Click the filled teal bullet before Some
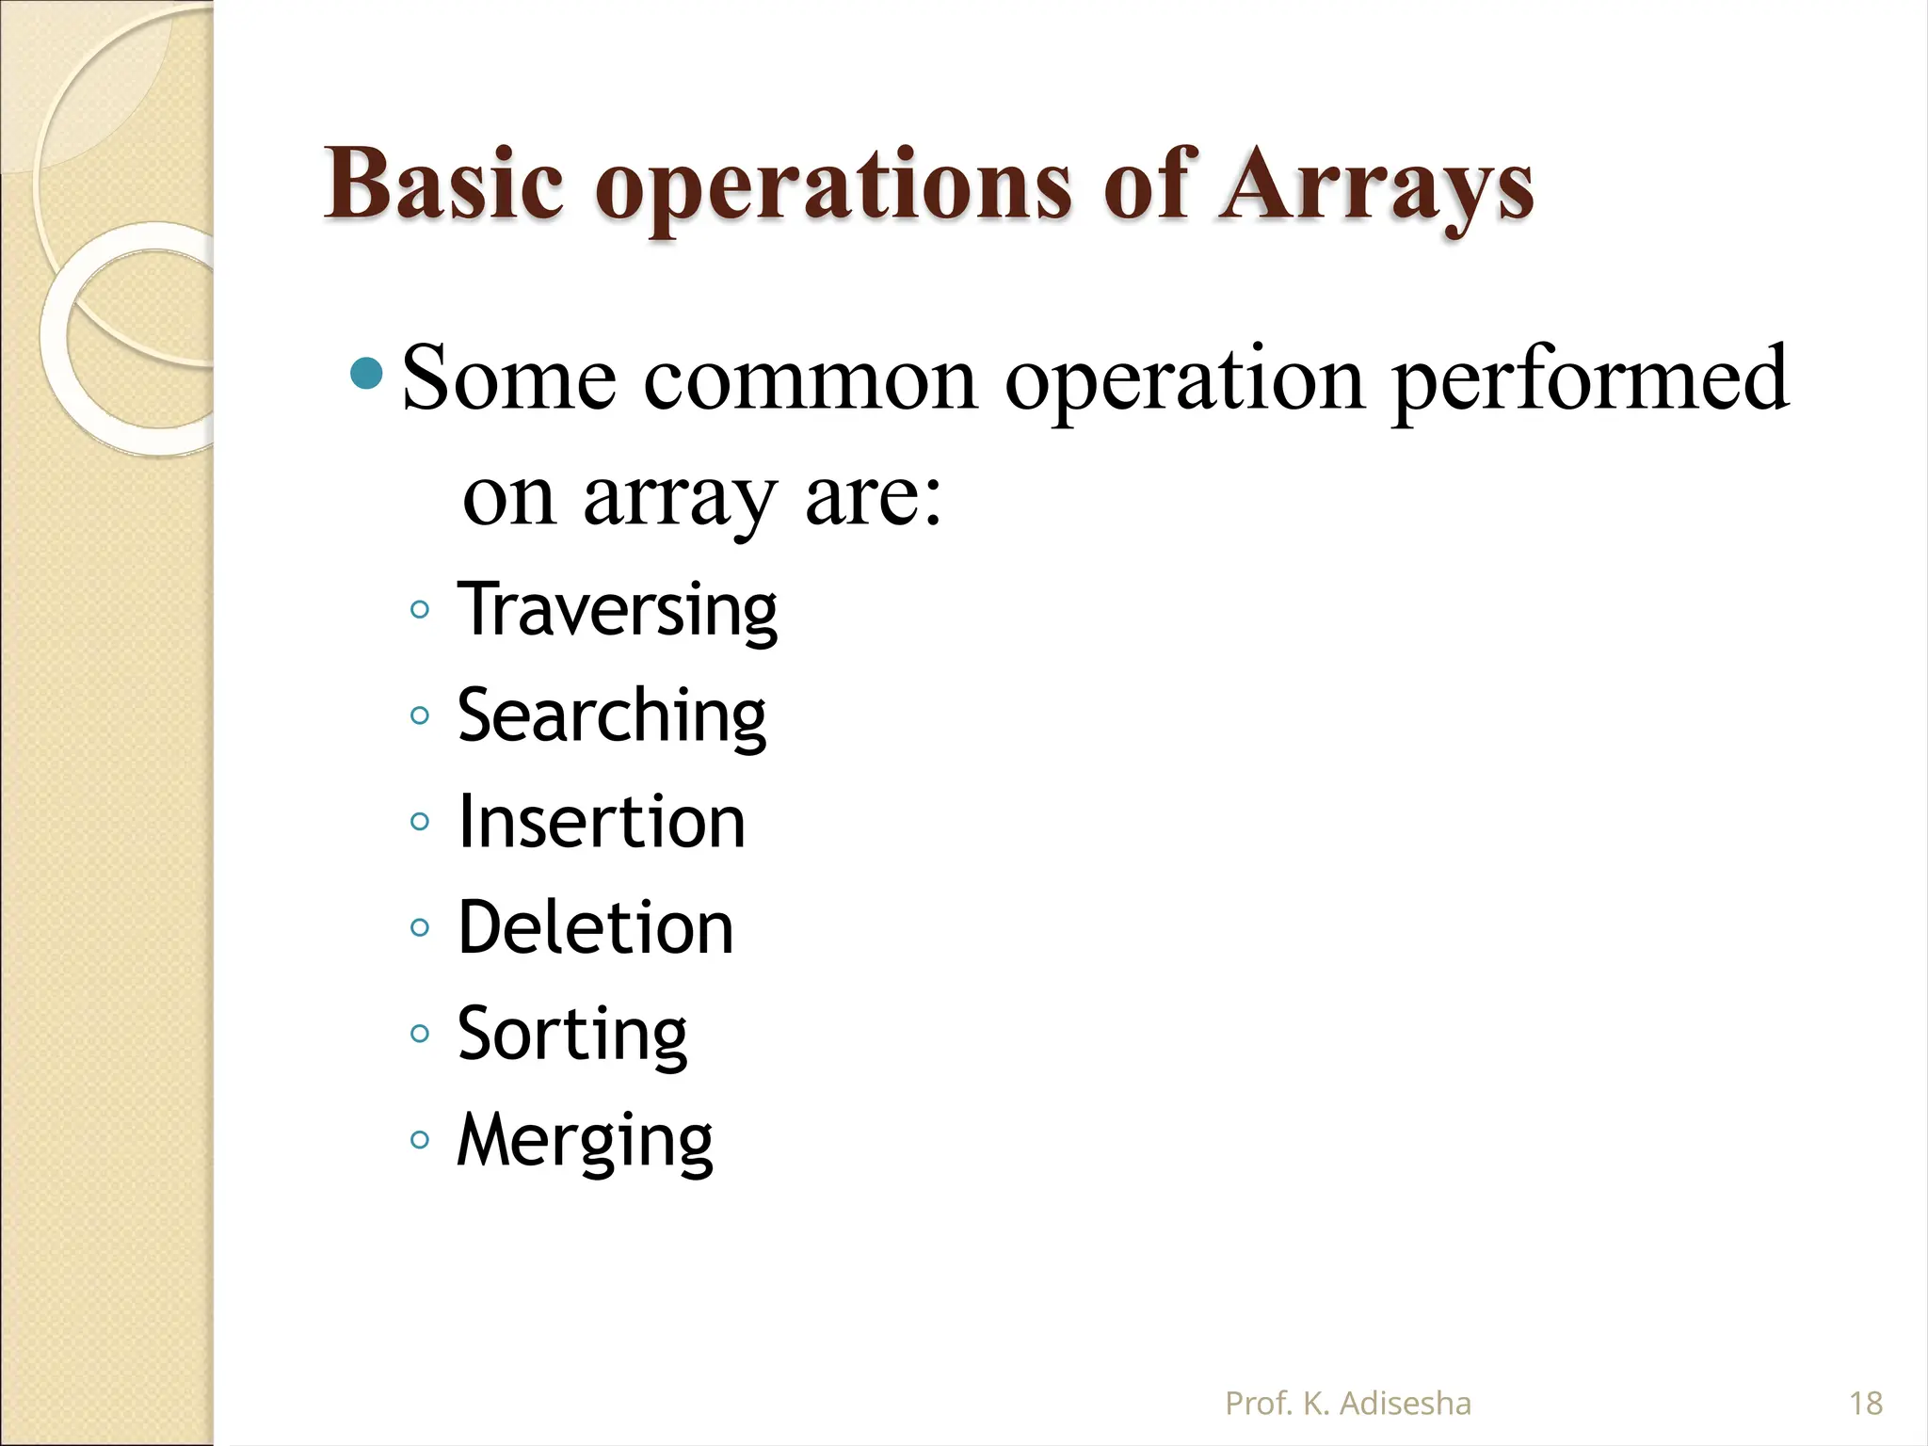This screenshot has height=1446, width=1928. [366, 375]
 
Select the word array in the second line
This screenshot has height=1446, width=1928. [680, 499]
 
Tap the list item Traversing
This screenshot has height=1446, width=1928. [617, 610]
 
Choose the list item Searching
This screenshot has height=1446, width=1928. [611, 715]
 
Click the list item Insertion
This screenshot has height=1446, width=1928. [601, 822]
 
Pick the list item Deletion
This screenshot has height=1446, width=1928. [595, 928]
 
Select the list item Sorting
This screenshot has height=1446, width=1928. [571, 1035]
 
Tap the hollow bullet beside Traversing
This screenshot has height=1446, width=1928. [420, 610]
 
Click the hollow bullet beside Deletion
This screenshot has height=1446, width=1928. [420, 928]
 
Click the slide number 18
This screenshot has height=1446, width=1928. [1865, 1404]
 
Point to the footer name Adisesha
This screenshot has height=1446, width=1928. [1405, 1404]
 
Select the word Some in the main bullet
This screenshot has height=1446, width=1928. [508, 378]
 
